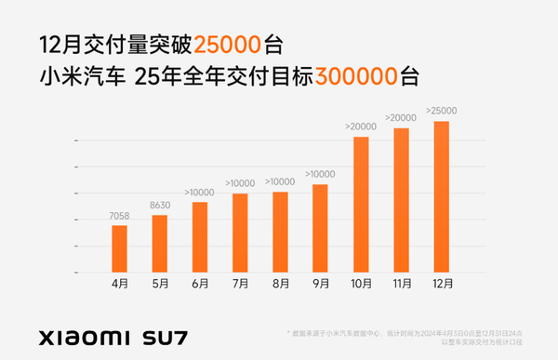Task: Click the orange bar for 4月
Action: click(x=119, y=248)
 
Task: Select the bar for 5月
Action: click(x=159, y=244)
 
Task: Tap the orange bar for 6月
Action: click(x=200, y=237)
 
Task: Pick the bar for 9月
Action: click(x=320, y=228)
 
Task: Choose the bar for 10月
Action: click(x=361, y=205)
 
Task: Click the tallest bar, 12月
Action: click(x=441, y=196)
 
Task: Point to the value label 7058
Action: click(x=119, y=217)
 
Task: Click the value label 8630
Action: click(x=159, y=207)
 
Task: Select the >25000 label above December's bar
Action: click(x=441, y=112)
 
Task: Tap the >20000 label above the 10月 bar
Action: click(x=361, y=127)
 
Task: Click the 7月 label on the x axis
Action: click(x=240, y=284)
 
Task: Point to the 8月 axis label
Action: click(x=280, y=284)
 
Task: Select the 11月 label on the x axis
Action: click(x=401, y=284)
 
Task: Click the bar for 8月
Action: click(x=280, y=232)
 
